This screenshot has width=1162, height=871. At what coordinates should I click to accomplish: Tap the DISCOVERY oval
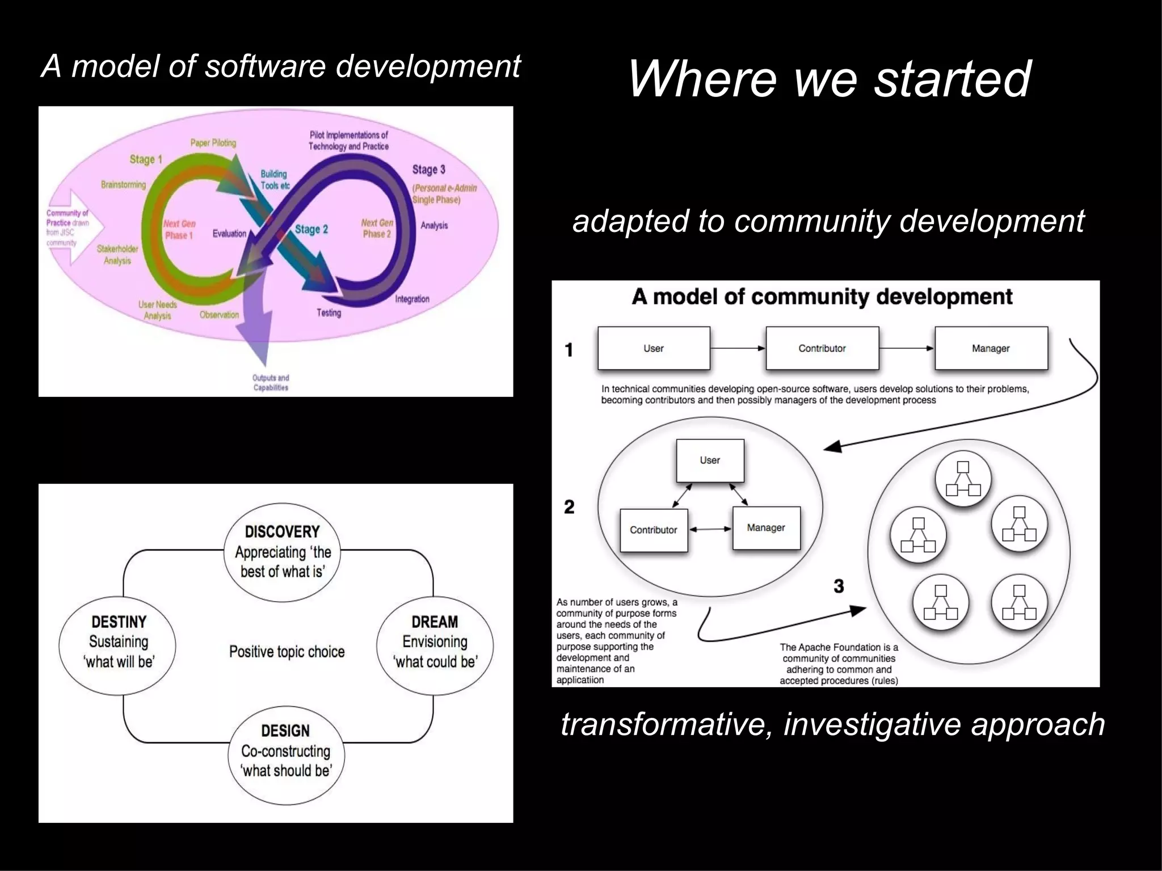click(x=283, y=551)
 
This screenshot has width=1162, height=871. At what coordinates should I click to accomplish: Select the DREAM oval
click(x=435, y=642)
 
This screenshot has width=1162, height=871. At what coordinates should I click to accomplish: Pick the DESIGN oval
click(x=286, y=750)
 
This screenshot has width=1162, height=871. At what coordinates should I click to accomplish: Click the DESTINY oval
click(x=118, y=642)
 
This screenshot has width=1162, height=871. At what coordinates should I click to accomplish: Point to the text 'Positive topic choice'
click(x=287, y=652)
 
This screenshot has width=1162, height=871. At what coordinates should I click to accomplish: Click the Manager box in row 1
click(x=991, y=348)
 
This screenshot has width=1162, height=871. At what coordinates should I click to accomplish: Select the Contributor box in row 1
click(x=822, y=348)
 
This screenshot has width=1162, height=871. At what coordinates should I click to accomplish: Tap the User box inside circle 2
click(x=709, y=460)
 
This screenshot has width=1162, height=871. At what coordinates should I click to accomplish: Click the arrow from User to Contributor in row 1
click(x=738, y=348)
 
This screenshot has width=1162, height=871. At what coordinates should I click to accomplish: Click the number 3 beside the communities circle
click(x=839, y=586)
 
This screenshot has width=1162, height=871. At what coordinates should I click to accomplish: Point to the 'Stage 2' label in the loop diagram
click(x=311, y=229)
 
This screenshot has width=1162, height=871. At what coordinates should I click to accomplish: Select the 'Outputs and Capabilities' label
click(x=271, y=383)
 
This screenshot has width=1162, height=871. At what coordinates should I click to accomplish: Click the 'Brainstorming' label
click(x=123, y=185)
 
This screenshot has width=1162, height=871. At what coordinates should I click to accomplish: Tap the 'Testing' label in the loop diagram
click(x=329, y=312)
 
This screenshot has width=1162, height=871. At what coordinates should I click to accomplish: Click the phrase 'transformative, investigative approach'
click(x=832, y=724)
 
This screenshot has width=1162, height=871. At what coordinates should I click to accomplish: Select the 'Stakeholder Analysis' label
click(x=117, y=255)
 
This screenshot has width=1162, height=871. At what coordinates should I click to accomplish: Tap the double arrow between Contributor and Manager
click(x=710, y=530)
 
